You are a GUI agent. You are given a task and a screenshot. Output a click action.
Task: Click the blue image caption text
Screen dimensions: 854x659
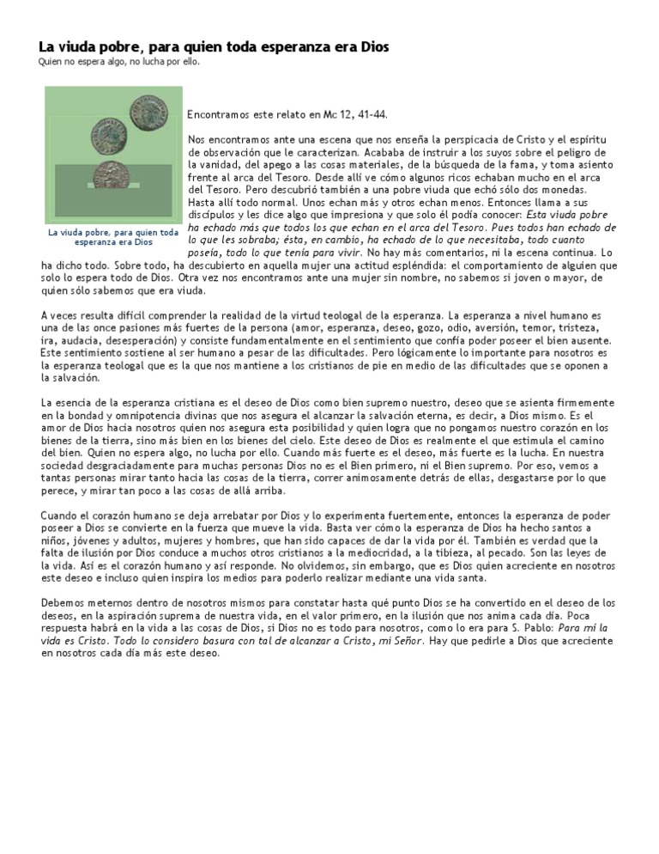pyautogui.click(x=113, y=236)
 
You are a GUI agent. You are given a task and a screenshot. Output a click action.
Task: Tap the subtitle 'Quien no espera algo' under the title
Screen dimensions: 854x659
pyautogui.click(x=87, y=63)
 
